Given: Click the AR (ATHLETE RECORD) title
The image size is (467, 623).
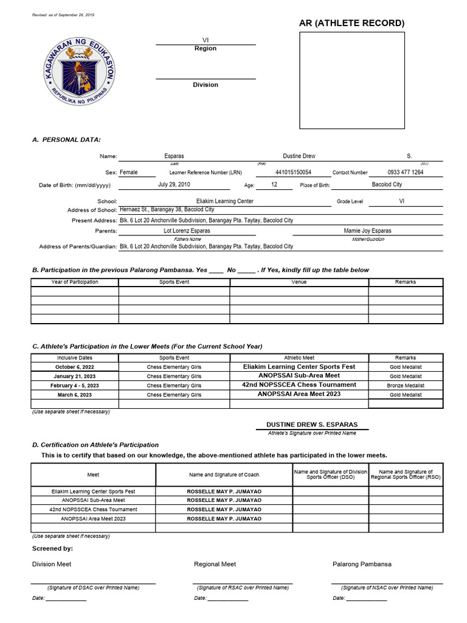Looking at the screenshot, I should tap(351, 23).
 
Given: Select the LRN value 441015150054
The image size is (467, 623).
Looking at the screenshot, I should tap(293, 172).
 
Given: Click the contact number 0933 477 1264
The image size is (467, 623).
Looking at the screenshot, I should tap(405, 172).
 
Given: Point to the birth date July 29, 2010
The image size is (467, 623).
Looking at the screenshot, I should tap(174, 184).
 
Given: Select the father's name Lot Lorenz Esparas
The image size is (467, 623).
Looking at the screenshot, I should tap(187, 231).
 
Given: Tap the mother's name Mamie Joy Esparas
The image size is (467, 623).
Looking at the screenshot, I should tap(368, 231).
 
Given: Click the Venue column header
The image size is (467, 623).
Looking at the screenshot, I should tap(299, 282).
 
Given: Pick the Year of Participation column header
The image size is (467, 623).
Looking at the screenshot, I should tap(75, 282).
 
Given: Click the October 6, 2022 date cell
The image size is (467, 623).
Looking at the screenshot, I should tap(75, 367).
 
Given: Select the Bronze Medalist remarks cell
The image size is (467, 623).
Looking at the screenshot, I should tap(406, 386).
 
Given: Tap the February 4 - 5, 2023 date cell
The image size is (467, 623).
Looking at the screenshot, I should tap(75, 386).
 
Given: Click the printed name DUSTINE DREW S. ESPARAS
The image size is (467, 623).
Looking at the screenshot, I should tap(312, 424).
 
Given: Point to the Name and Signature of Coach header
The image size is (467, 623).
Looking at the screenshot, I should tap(224, 475).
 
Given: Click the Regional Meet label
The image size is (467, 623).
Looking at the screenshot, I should tap(215, 564).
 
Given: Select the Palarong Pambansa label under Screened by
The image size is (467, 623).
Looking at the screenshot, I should tap(362, 564).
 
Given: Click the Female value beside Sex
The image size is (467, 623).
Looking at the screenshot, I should tap(128, 172).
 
